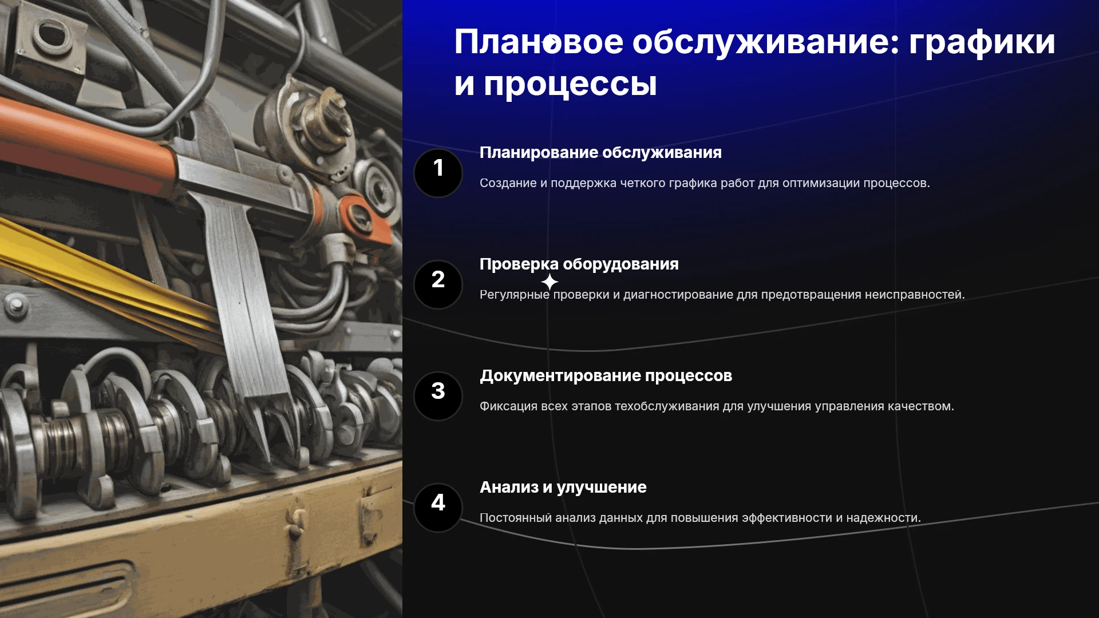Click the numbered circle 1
[x=438, y=173]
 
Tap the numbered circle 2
[x=438, y=284]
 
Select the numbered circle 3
[x=438, y=396]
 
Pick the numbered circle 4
[x=438, y=508]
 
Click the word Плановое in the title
[x=539, y=42]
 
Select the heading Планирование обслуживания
[x=600, y=153]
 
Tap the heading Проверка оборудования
[x=579, y=264]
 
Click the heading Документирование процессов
[x=606, y=376]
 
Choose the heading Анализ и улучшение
[x=563, y=488]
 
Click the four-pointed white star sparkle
[x=549, y=282]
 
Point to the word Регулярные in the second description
[x=515, y=295]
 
